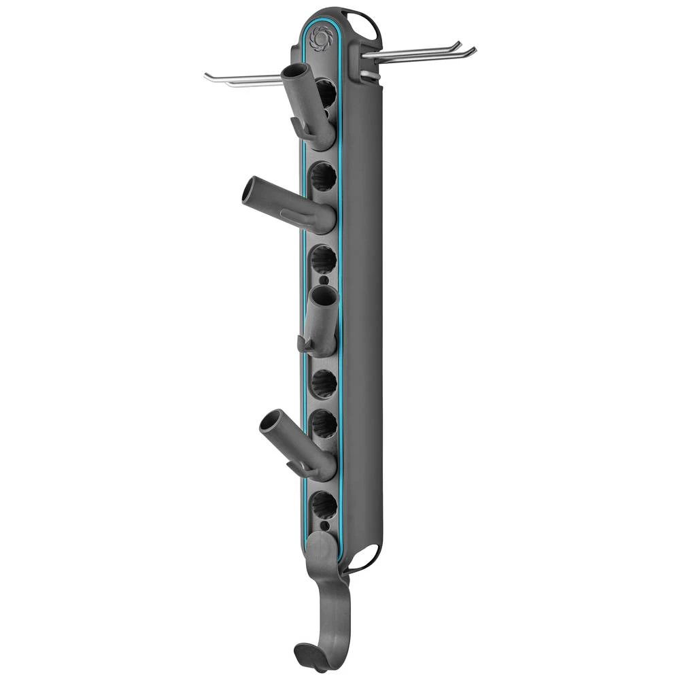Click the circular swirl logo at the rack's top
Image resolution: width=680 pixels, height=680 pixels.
[x=318, y=37]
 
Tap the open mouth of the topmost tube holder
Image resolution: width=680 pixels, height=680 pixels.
[x=295, y=71]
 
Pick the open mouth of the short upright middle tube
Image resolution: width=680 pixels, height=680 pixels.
[x=322, y=294]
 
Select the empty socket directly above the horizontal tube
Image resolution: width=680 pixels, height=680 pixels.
[x=324, y=179]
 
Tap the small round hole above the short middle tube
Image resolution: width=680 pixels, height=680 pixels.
[x=324, y=280]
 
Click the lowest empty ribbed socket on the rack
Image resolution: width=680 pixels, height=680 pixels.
[x=322, y=505]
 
